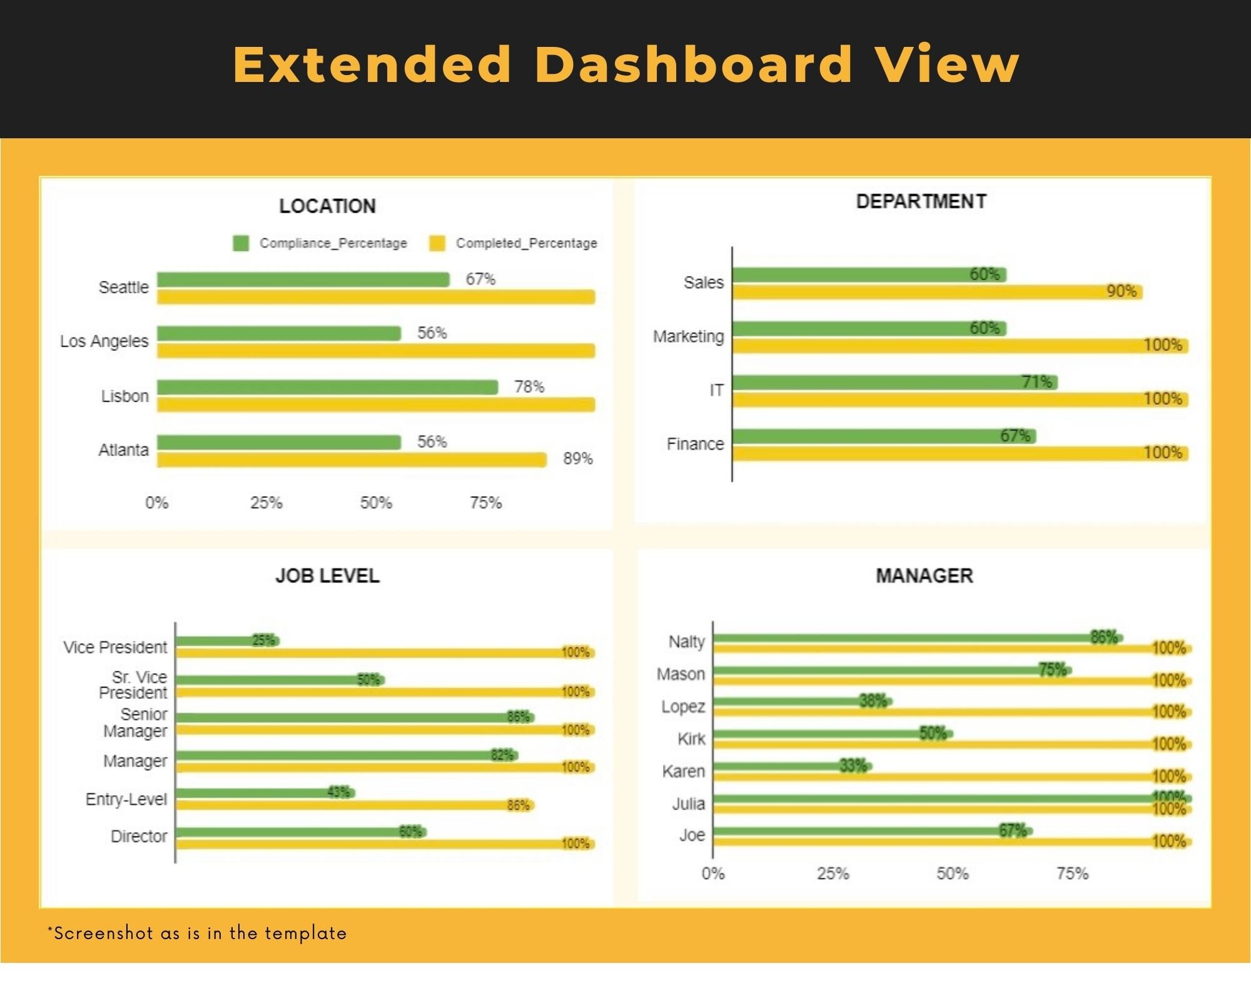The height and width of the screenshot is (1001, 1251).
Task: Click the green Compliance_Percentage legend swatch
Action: [241, 243]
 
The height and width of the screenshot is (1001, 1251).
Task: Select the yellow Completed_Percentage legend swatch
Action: [437, 243]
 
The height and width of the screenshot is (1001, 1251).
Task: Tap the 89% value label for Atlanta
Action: [577, 459]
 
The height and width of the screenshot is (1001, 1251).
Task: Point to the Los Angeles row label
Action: [104, 341]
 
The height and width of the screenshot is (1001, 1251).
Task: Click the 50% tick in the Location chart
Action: [376, 502]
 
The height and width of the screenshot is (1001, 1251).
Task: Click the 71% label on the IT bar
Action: [1036, 382]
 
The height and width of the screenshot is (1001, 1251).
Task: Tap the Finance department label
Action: [695, 444]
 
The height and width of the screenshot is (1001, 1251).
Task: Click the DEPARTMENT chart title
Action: [921, 201]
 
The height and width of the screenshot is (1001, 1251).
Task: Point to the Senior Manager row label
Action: [136, 723]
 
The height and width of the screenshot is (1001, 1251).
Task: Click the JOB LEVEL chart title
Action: [327, 576]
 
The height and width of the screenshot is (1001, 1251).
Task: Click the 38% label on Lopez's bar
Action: [873, 701]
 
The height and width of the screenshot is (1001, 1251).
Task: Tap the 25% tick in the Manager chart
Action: [833, 873]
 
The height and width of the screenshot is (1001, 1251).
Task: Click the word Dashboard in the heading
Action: [693, 64]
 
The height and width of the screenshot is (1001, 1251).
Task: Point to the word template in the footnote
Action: [305, 933]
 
